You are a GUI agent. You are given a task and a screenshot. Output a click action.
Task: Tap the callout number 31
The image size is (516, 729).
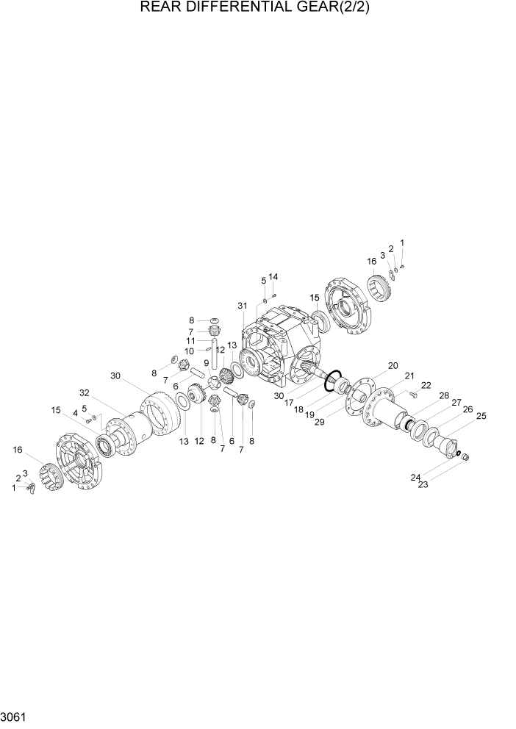click(x=243, y=306)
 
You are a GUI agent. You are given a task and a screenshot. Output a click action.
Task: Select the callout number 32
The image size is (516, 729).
click(x=85, y=392)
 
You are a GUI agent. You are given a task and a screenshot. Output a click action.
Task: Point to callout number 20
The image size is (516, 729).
click(x=393, y=366)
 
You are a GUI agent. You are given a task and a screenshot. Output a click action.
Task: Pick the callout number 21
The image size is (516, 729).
click(x=409, y=376)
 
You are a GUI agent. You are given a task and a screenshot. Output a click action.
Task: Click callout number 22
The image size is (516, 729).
click(x=426, y=386)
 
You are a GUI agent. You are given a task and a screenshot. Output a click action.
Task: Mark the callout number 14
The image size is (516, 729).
click(x=273, y=277)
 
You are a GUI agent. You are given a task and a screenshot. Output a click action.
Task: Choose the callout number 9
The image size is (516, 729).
click(x=207, y=363)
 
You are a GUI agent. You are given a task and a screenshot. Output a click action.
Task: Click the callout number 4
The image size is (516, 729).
click(x=75, y=413)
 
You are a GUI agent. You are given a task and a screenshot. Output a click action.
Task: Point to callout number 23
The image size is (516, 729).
click(x=423, y=484)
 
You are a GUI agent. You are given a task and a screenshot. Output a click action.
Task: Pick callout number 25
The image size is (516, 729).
click(x=481, y=416)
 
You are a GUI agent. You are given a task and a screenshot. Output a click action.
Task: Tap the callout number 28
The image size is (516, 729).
click(x=444, y=396)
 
